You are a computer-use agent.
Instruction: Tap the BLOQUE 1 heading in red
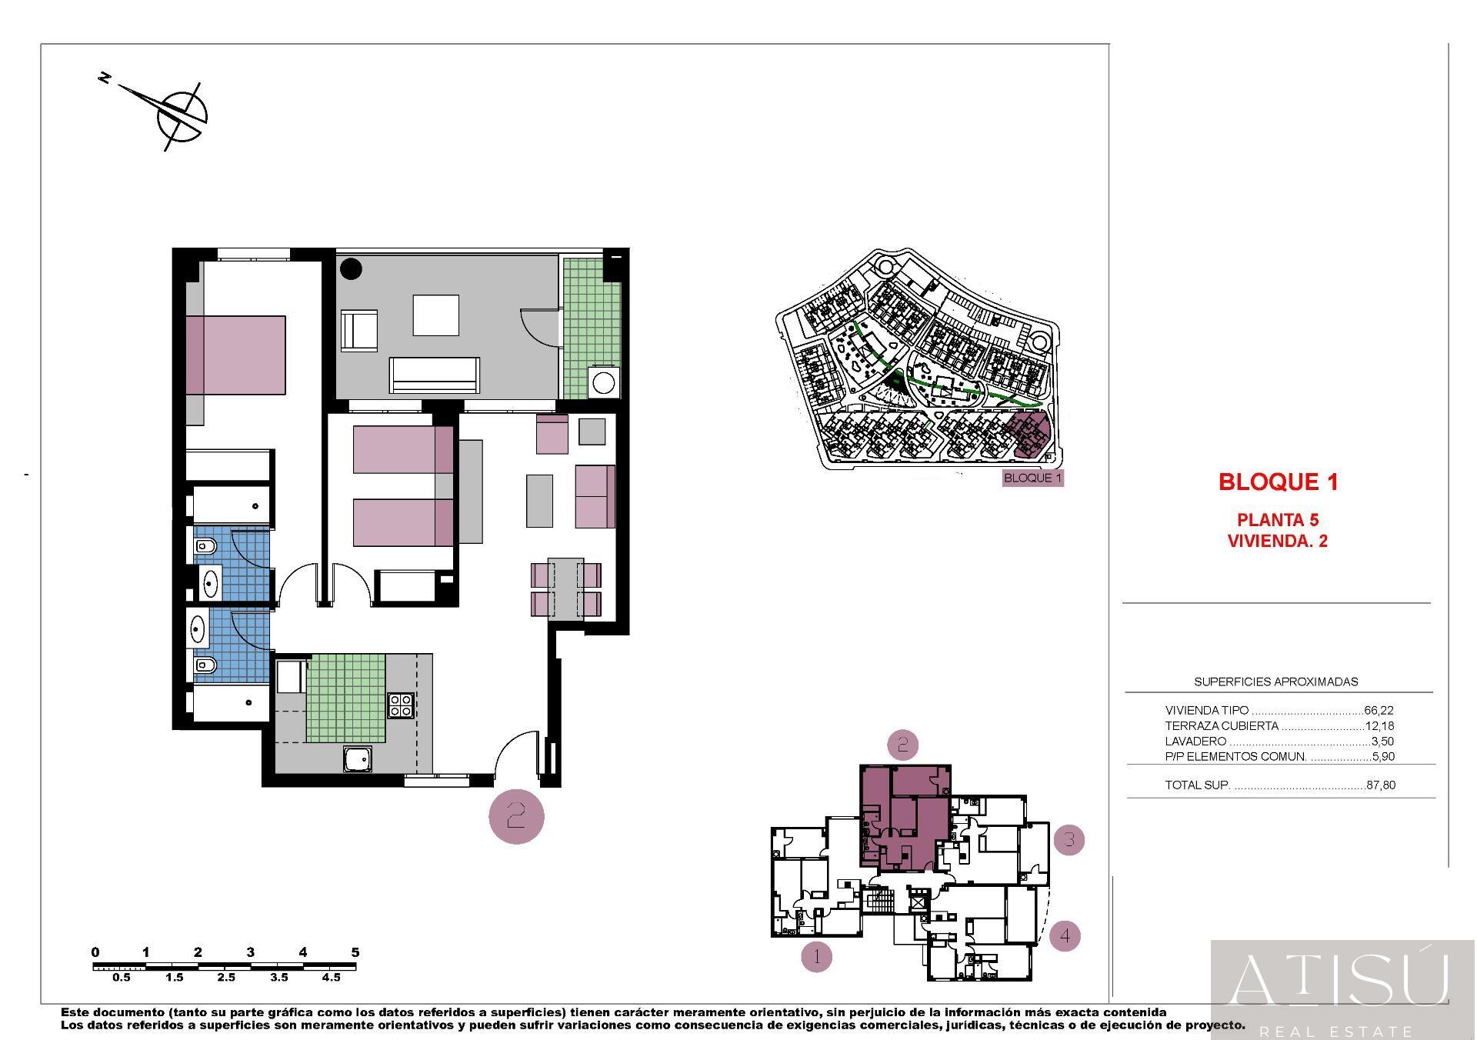pyautogui.click(x=1279, y=482)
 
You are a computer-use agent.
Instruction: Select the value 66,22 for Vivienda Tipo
pyautogui.click(x=1379, y=711)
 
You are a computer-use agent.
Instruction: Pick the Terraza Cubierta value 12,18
pyautogui.click(x=1379, y=726)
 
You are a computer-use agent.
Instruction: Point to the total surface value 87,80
pyautogui.click(x=1380, y=785)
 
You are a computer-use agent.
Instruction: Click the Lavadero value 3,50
pyautogui.click(x=1382, y=742)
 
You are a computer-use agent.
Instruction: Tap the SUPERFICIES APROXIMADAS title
pyautogui.click(x=1275, y=682)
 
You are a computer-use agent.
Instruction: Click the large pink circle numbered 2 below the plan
pyautogui.click(x=516, y=815)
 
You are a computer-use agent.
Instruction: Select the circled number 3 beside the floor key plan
pyautogui.click(x=1069, y=839)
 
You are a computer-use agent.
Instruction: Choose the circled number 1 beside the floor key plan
pyautogui.click(x=816, y=957)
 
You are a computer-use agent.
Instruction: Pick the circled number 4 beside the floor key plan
pyautogui.click(x=1065, y=936)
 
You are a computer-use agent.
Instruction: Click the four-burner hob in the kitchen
pyautogui.click(x=401, y=705)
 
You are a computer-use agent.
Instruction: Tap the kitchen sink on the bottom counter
pyautogui.click(x=357, y=760)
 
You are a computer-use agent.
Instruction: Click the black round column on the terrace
pyautogui.click(x=352, y=268)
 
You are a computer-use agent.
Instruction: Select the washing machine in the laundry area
pyautogui.click(x=602, y=382)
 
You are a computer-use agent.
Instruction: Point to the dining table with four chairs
pyautogui.click(x=566, y=589)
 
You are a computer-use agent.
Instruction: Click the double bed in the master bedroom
pyautogui.click(x=235, y=355)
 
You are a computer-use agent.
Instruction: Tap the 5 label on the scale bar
pyautogui.click(x=355, y=952)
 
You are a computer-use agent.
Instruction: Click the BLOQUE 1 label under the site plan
pyautogui.click(x=1033, y=478)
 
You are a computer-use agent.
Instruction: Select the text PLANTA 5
pyautogui.click(x=1278, y=520)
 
